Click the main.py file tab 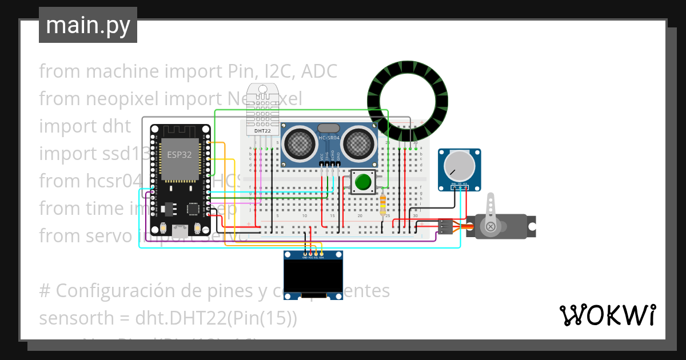coord(88,26)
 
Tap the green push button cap coord(363,182)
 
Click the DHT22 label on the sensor coord(262,131)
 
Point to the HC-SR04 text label coord(329,138)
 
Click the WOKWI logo coord(607,315)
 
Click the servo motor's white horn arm coord(490,214)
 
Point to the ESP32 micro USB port coord(181,231)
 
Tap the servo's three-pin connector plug coord(445,227)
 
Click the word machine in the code coord(123,71)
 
